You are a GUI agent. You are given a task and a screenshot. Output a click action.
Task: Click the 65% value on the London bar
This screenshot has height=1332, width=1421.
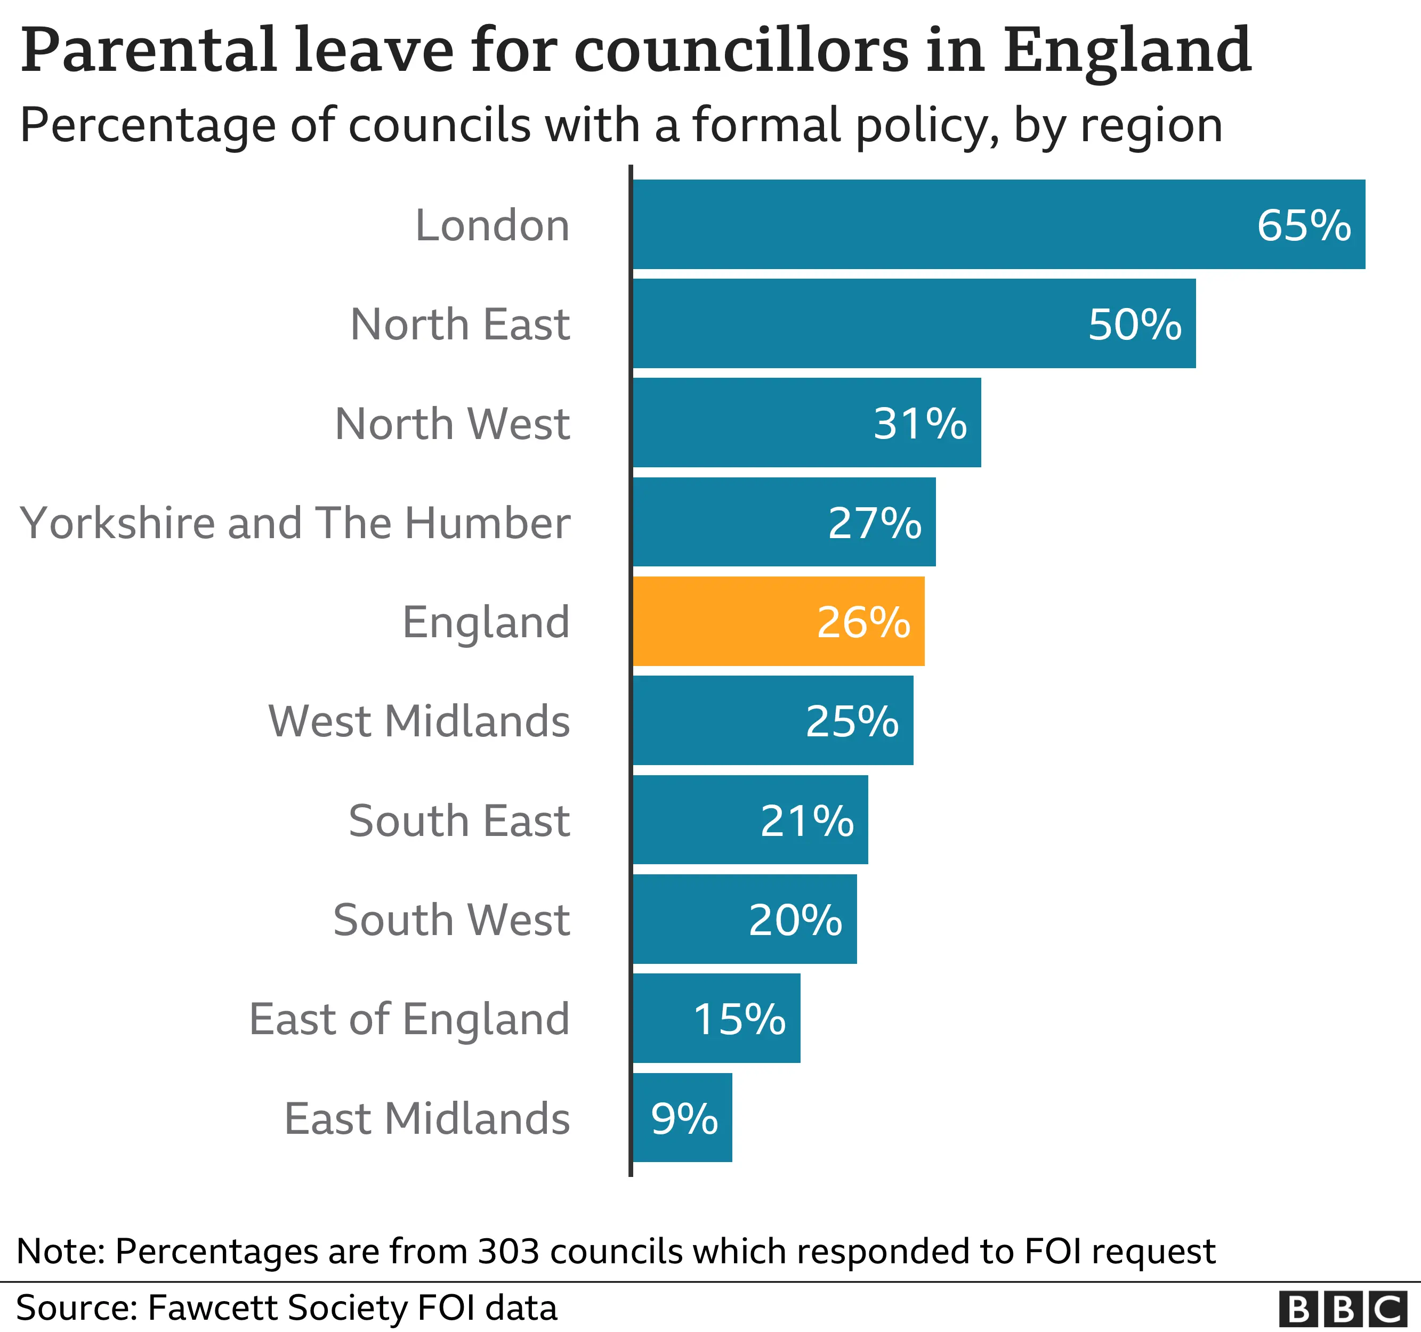pyautogui.click(x=1304, y=226)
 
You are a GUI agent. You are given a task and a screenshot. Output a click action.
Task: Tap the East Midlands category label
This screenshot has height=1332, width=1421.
pyautogui.click(x=427, y=1118)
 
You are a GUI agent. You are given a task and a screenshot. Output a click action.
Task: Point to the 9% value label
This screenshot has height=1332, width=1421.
pyautogui.click(x=684, y=1118)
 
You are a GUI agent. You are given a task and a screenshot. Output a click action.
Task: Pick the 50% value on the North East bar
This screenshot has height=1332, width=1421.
pyautogui.click(x=1134, y=324)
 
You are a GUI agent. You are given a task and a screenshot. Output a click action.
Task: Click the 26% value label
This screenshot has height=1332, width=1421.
pyautogui.click(x=863, y=622)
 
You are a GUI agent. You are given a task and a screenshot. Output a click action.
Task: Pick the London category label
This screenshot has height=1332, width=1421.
pyautogui.click(x=492, y=226)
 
